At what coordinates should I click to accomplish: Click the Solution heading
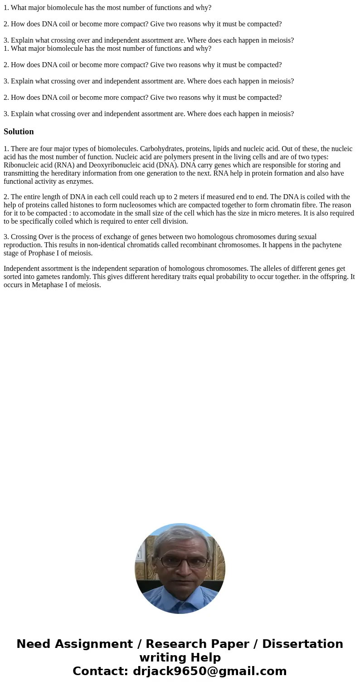point(19,132)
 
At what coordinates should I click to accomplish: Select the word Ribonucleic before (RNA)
point(22,165)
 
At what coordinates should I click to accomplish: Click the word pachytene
point(325,245)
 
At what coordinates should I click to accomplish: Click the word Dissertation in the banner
point(302,644)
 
